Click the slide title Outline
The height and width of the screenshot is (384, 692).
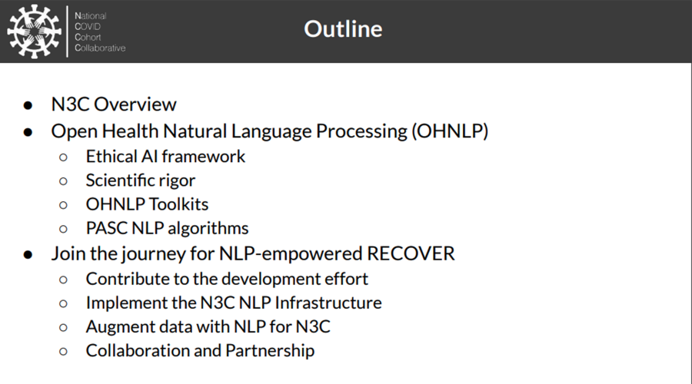(343, 29)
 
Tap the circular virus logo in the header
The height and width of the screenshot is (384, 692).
(34, 31)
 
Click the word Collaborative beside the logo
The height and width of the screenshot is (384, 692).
(100, 48)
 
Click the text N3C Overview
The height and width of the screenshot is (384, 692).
(114, 104)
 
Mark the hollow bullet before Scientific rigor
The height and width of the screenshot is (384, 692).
(64, 181)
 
